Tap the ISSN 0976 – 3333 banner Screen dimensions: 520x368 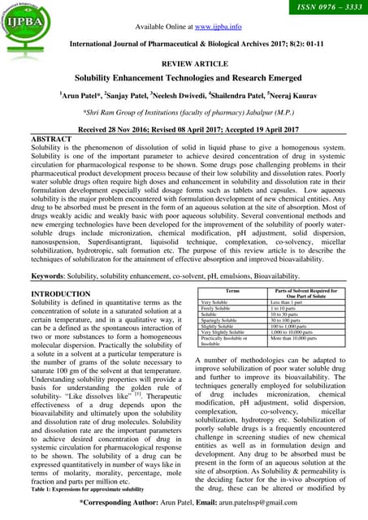coord(322,10)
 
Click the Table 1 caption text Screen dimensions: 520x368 coord(87,490)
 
